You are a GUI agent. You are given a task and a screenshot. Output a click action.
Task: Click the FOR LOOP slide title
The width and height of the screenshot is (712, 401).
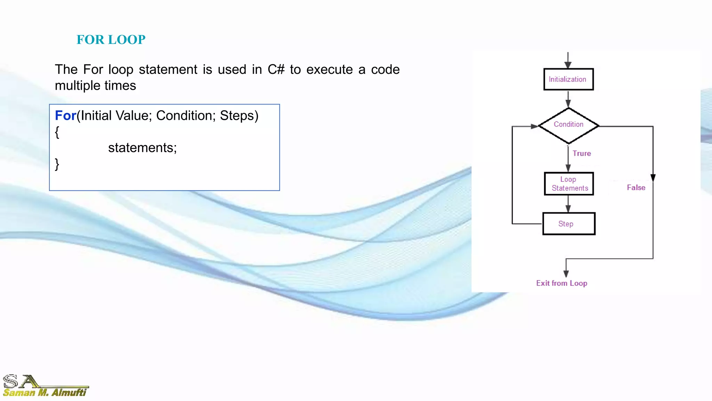click(111, 40)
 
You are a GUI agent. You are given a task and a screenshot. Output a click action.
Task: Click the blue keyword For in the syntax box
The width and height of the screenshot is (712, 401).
click(65, 116)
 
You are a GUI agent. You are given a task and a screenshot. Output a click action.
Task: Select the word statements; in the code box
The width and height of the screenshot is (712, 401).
click(142, 148)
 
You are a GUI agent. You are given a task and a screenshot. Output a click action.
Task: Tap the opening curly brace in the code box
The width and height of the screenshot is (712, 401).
click(57, 132)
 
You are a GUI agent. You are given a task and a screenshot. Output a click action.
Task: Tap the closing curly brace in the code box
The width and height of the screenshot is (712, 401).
click(57, 164)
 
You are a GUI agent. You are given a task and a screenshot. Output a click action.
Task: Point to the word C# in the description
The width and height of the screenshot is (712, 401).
click(276, 70)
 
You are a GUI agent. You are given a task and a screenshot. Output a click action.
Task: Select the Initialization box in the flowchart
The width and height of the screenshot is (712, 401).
click(568, 79)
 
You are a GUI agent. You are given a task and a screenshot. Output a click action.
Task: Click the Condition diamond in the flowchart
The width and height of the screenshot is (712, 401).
click(568, 125)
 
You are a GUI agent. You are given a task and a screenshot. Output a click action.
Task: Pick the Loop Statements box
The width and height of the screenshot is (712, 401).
click(569, 184)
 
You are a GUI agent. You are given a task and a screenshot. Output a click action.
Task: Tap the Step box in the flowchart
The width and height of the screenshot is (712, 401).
click(569, 224)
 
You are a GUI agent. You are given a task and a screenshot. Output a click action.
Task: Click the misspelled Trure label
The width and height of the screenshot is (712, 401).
click(582, 154)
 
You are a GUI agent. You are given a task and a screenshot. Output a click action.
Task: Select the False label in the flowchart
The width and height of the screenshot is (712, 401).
click(636, 188)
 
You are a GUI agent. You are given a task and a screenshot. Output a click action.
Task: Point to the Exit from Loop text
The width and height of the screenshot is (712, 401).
click(561, 283)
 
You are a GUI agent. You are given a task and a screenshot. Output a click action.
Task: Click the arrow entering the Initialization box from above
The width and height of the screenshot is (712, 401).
click(568, 61)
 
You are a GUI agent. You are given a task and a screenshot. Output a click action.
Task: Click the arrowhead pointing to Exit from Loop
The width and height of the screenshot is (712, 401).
click(566, 274)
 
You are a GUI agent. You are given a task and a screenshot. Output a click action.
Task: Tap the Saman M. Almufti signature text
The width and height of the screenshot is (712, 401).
click(44, 393)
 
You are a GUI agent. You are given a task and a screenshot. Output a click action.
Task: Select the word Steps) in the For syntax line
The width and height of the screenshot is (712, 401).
click(239, 116)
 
